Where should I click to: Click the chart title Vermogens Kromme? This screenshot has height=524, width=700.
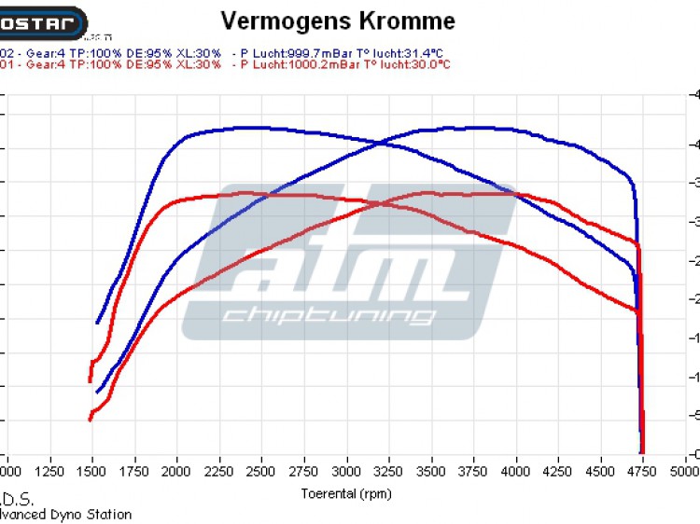coord(338,21)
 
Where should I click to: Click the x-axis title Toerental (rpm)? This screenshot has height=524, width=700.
coord(346,493)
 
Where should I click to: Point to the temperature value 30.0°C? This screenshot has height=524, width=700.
coord(429,64)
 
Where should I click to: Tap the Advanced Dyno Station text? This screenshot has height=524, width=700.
coord(65,514)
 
